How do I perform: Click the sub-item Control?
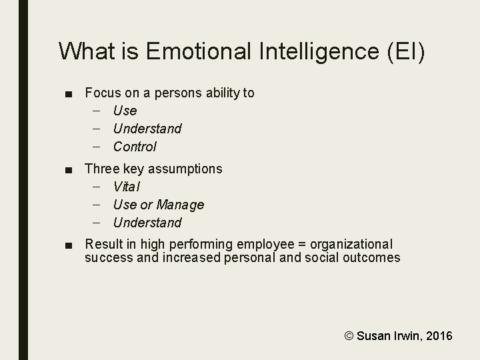[135, 147]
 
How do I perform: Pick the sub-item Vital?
[127, 187]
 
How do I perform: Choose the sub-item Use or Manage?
[159, 205]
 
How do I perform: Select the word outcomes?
[371, 258]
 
